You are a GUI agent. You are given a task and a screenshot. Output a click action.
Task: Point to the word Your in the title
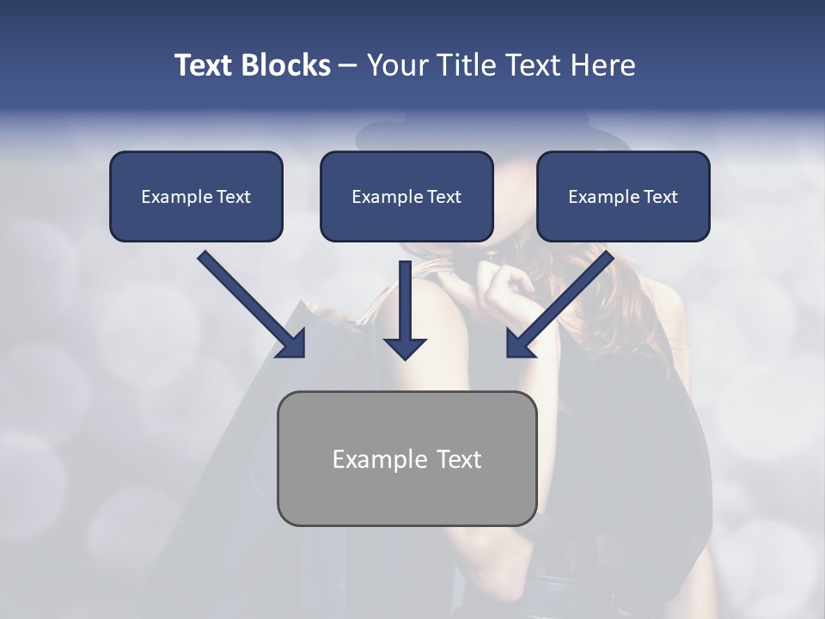398,65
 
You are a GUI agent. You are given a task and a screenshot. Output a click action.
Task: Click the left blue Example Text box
196,197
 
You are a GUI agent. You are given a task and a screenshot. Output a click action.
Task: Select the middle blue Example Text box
406,197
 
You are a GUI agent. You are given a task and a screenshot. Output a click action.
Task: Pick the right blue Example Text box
623,197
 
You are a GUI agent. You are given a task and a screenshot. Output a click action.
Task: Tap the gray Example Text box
406,458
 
